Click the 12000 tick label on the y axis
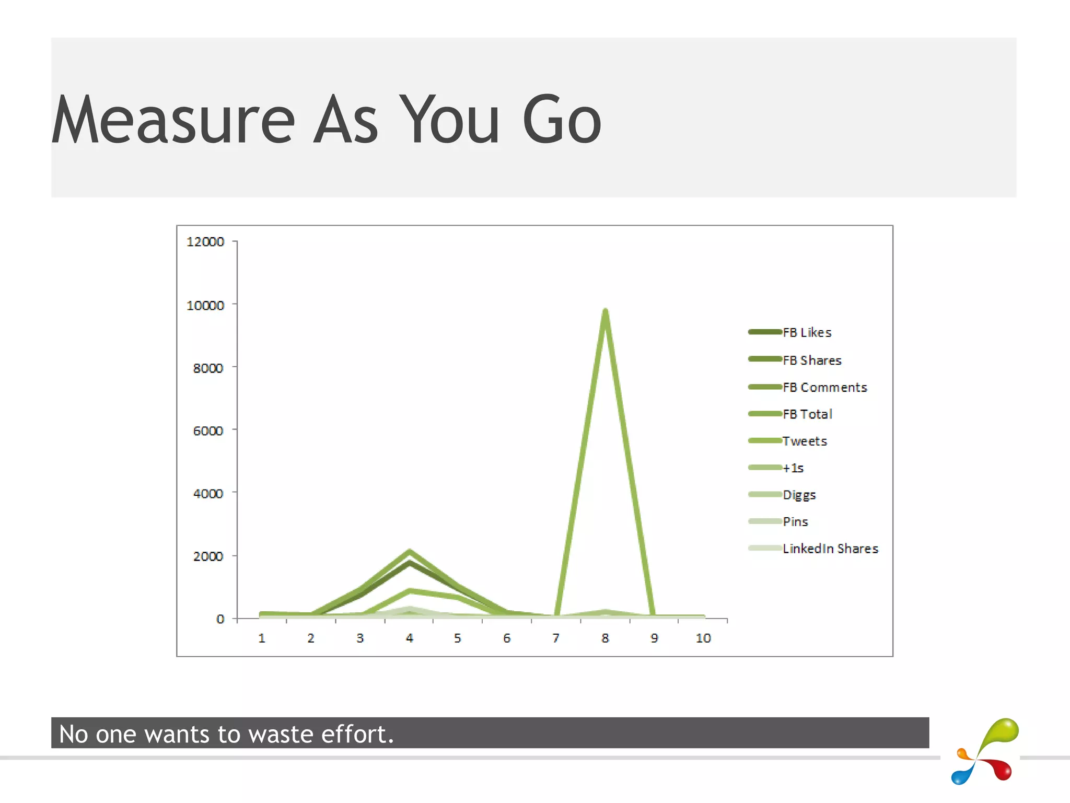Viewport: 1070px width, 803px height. tap(205, 242)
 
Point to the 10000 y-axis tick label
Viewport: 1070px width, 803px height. tap(205, 306)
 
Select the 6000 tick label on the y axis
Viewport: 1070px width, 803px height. tap(208, 431)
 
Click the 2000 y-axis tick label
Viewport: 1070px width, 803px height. tap(208, 556)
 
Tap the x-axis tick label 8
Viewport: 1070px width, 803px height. tap(605, 638)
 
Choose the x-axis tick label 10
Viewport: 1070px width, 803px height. tap(703, 638)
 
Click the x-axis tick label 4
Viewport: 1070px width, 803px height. tap(410, 638)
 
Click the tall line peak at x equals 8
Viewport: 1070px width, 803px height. tap(605, 312)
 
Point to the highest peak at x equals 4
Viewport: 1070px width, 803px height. tap(410, 552)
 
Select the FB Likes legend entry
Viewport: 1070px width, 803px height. tap(807, 333)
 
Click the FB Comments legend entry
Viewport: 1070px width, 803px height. tap(824, 388)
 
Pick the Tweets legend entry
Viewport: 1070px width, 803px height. tap(805, 441)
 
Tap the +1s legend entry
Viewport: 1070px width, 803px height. tap(793, 468)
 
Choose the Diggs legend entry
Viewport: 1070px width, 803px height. tap(799, 495)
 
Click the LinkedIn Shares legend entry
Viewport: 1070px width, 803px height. tap(830, 549)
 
